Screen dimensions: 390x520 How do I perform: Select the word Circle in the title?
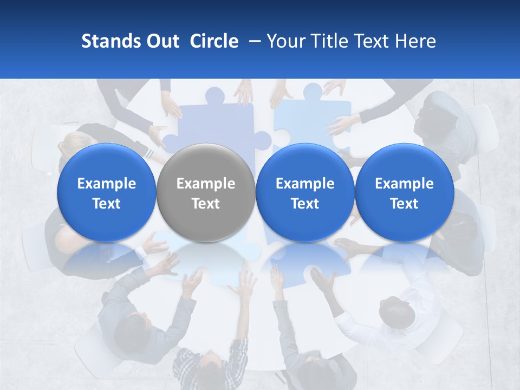pos(214,41)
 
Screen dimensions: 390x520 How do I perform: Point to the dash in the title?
pos(252,42)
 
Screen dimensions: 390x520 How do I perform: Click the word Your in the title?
pos(286,41)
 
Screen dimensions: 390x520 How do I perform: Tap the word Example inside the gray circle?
pos(206,184)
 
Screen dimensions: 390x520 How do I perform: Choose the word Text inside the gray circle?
pos(206,204)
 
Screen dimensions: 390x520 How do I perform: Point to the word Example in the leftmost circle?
pos(106,184)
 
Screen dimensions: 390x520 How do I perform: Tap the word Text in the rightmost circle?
pos(404,204)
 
